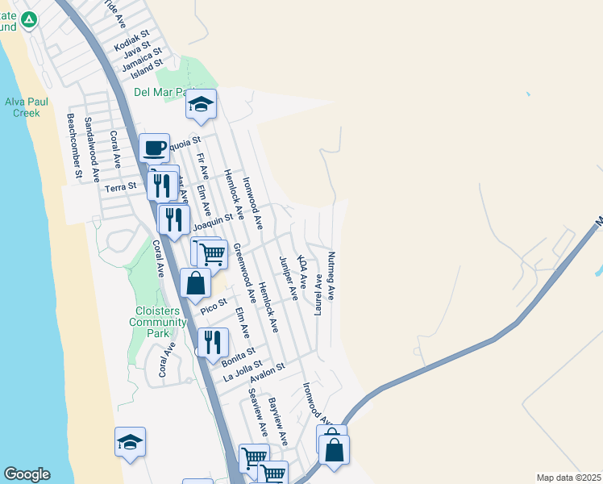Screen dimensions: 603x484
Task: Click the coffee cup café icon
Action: click(x=154, y=148)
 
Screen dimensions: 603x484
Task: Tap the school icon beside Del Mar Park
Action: click(x=201, y=104)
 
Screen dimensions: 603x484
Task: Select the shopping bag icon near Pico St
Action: click(x=195, y=283)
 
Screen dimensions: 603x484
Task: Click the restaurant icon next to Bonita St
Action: click(x=213, y=341)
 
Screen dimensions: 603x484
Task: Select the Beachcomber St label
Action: click(x=75, y=146)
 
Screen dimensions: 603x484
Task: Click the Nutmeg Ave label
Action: click(x=331, y=276)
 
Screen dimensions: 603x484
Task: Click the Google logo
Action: click(x=27, y=474)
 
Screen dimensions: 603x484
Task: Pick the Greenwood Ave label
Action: click(x=245, y=273)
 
